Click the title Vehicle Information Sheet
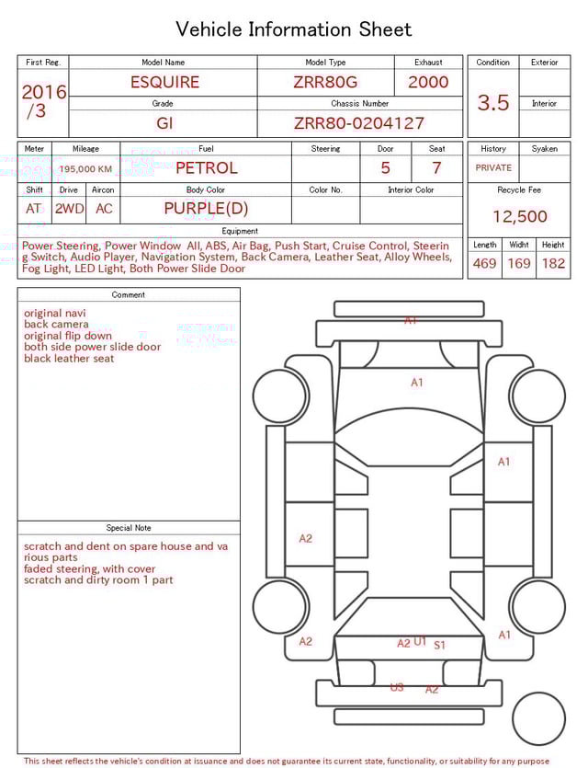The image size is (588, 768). pos(294,29)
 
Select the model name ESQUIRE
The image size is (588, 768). pos(164,82)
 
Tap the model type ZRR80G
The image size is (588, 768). pos(325,82)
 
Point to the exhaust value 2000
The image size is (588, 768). pos(428,82)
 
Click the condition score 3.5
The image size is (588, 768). pos(493,103)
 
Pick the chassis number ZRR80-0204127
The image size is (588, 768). pos(359,123)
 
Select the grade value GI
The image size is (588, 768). pos(164,123)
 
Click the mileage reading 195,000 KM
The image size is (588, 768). pos(85,169)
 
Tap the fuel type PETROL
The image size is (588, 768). pos(206,168)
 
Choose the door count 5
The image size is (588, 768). pos(385,168)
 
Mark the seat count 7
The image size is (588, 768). pos(436,168)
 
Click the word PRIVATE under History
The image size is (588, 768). pos(493,168)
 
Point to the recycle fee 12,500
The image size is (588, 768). pos(519,217)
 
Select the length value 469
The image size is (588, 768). pos(484,264)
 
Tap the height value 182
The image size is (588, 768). pos(553,264)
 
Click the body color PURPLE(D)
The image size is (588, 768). pos(206,209)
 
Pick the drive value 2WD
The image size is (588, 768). pos(69,209)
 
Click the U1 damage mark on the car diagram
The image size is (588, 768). pos(420,641)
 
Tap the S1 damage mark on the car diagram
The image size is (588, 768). pos(440,646)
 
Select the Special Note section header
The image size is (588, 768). pos(129,528)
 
